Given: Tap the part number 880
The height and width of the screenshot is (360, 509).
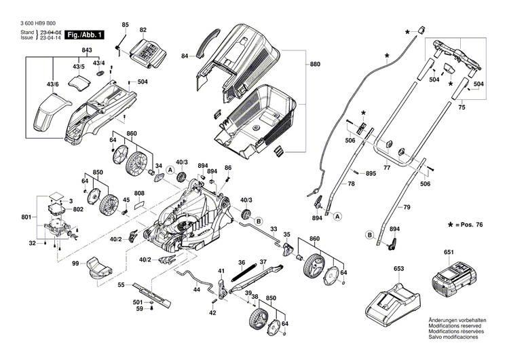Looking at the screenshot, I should pos(314,64).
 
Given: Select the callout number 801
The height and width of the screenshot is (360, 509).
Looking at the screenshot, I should pos(26,217).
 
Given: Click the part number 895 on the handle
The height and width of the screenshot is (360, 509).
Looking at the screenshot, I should pos(371,174).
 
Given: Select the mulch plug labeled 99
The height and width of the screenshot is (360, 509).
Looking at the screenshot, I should pos(96,268).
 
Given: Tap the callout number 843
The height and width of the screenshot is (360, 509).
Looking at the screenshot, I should pos(87,52).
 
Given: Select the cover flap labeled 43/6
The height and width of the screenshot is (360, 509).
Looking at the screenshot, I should pos(50,111).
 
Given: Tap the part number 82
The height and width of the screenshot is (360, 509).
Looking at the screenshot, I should pos(143,31).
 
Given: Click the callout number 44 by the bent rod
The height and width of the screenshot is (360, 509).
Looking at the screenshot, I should pos(196,289).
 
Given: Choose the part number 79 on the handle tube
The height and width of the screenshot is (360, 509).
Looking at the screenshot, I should pos(407,206).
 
